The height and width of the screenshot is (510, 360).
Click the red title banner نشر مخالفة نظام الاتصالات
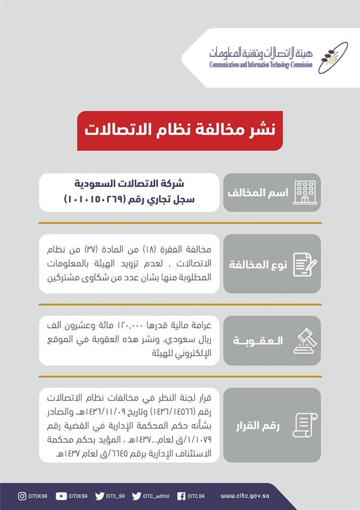pos(180,130)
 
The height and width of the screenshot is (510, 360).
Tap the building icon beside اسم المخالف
pos(305,192)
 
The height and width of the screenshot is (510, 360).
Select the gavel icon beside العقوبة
pos(305,340)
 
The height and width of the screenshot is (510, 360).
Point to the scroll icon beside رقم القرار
pos(304,425)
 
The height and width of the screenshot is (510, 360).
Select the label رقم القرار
pos(258,426)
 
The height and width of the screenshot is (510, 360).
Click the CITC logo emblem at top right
pos(332,57)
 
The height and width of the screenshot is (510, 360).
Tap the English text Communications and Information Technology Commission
pos(260,65)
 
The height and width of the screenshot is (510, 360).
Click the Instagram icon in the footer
pos(22,496)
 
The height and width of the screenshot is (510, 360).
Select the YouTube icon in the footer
pos(61,496)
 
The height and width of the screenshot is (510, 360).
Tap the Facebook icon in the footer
pos(181,496)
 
